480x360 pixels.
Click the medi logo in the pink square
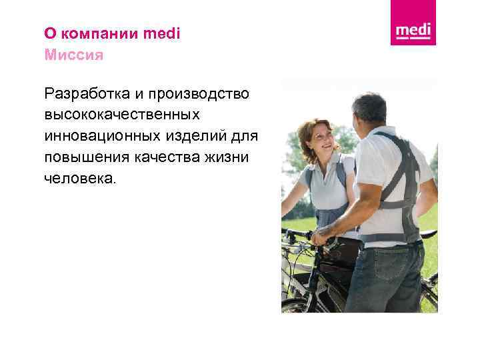point(413,31)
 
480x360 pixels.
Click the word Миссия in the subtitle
point(73,54)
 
